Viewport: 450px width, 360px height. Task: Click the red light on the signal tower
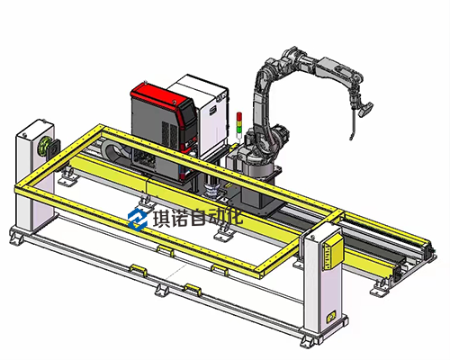pos(239,116)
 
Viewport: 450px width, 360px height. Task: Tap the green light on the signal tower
pos(239,130)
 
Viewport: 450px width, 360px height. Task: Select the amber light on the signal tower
pos(239,123)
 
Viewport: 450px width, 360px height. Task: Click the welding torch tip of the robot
pos(350,139)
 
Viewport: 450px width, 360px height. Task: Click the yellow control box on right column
pos(332,252)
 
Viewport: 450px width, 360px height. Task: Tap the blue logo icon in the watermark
pos(138,220)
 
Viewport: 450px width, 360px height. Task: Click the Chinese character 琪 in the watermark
pos(162,218)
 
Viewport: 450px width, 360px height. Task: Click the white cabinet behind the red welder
pos(206,115)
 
